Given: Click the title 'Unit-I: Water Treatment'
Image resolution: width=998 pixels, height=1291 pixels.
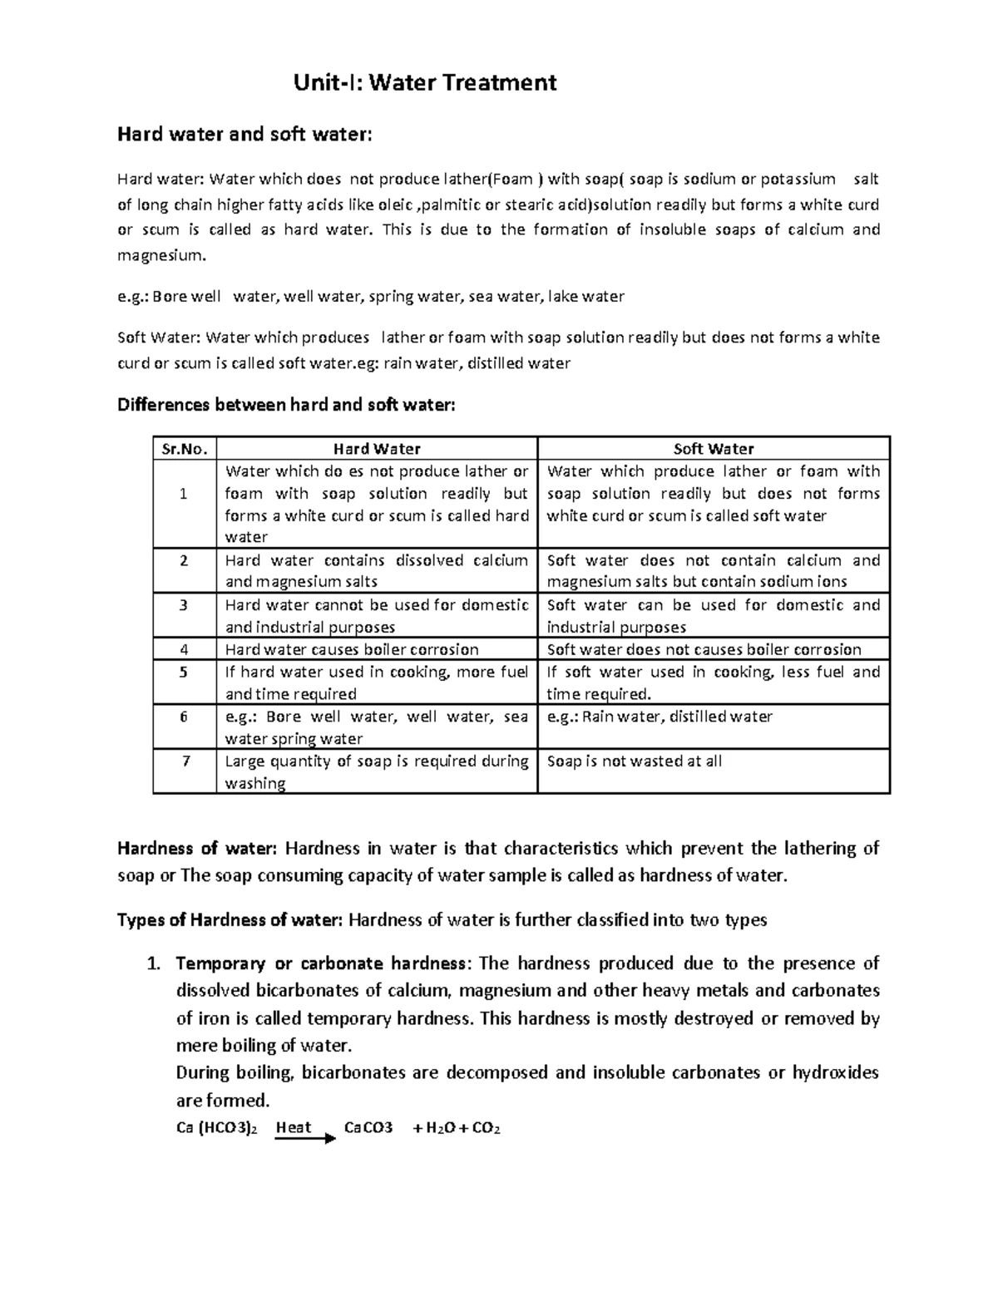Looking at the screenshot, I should (425, 83).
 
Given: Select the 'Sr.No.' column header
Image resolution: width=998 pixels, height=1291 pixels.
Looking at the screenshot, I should (185, 449).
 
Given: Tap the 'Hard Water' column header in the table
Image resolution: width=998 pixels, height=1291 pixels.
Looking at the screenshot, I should (377, 449).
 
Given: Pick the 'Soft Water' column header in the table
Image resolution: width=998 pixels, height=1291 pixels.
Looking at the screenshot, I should (713, 449).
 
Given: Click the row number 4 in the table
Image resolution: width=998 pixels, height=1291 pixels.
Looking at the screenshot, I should (185, 649).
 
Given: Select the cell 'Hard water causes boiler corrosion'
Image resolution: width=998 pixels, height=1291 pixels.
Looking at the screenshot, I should (352, 649).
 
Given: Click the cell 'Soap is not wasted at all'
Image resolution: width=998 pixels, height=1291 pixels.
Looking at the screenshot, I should (634, 761).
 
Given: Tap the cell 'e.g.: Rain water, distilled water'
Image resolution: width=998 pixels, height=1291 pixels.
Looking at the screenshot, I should (660, 717).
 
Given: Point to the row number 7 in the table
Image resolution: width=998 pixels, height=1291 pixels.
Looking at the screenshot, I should (185, 761).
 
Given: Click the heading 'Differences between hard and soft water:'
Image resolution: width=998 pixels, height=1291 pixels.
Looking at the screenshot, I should (286, 405).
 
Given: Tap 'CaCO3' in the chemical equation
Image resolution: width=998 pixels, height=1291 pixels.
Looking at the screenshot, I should (368, 1128).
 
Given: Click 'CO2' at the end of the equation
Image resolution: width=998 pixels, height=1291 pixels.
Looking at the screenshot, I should (486, 1128).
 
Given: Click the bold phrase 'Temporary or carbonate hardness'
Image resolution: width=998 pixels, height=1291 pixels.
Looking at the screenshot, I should (321, 963).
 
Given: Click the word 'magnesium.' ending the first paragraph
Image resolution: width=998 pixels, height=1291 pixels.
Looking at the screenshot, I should (161, 255).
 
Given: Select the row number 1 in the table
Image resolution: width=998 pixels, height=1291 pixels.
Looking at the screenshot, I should (185, 494).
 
